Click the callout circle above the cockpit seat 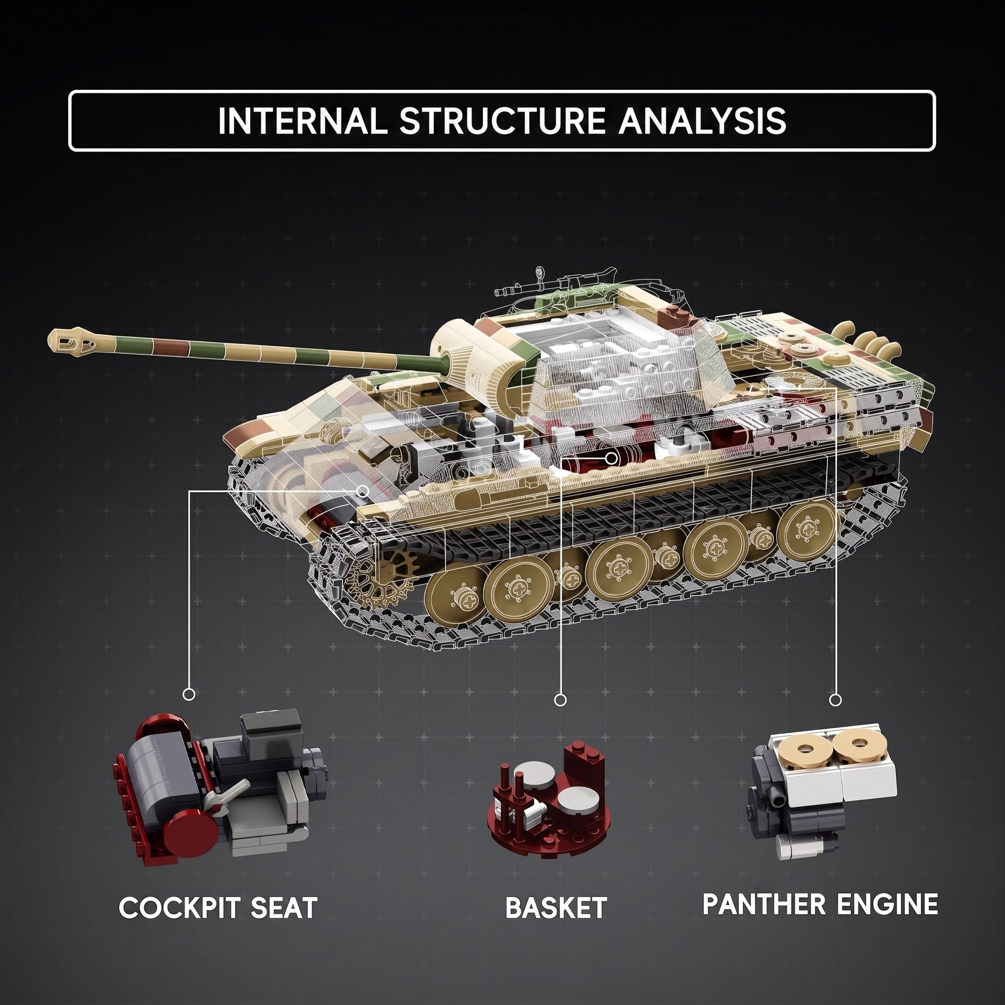(190, 694)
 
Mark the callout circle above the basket (560, 700)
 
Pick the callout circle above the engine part (836, 700)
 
